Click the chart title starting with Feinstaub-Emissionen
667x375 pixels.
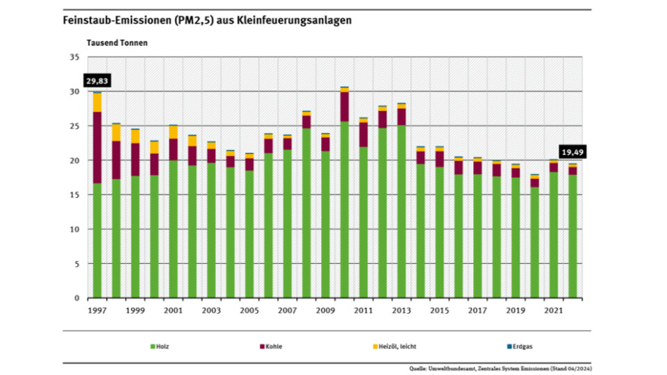pyautogui.click(x=207, y=21)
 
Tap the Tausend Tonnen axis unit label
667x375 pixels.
pyautogui.click(x=117, y=42)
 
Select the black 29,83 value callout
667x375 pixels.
pyautogui.click(x=97, y=81)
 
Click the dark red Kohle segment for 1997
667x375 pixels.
pyautogui.click(x=97, y=147)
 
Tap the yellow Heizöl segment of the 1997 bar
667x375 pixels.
pyautogui.click(x=97, y=102)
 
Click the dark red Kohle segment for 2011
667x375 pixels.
pyautogui.click(x=363, y=134)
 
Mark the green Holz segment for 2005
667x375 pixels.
pyautogui.click(x=249, y=234)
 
